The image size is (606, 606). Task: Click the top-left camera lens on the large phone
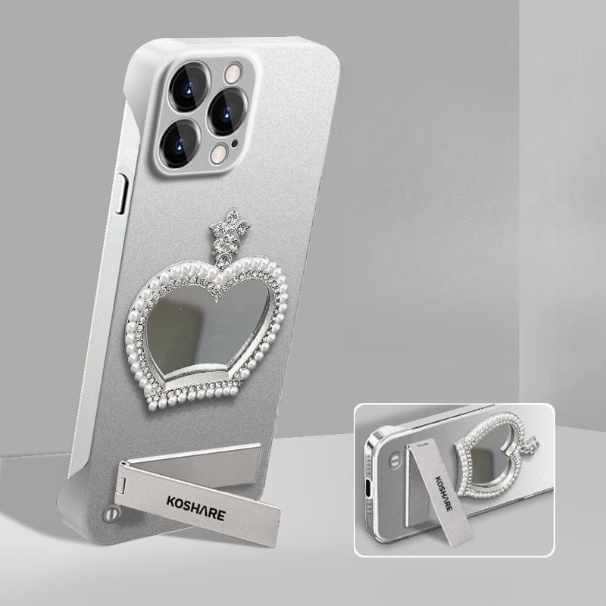pos(189,87)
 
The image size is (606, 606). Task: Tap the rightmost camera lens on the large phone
pos(228,112)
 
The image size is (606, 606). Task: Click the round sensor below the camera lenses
pos(219,155)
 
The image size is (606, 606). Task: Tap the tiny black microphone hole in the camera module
pos(234,145)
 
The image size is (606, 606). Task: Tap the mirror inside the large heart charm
pos(209,330)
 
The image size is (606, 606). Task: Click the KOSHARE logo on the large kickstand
pos(196,508)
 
